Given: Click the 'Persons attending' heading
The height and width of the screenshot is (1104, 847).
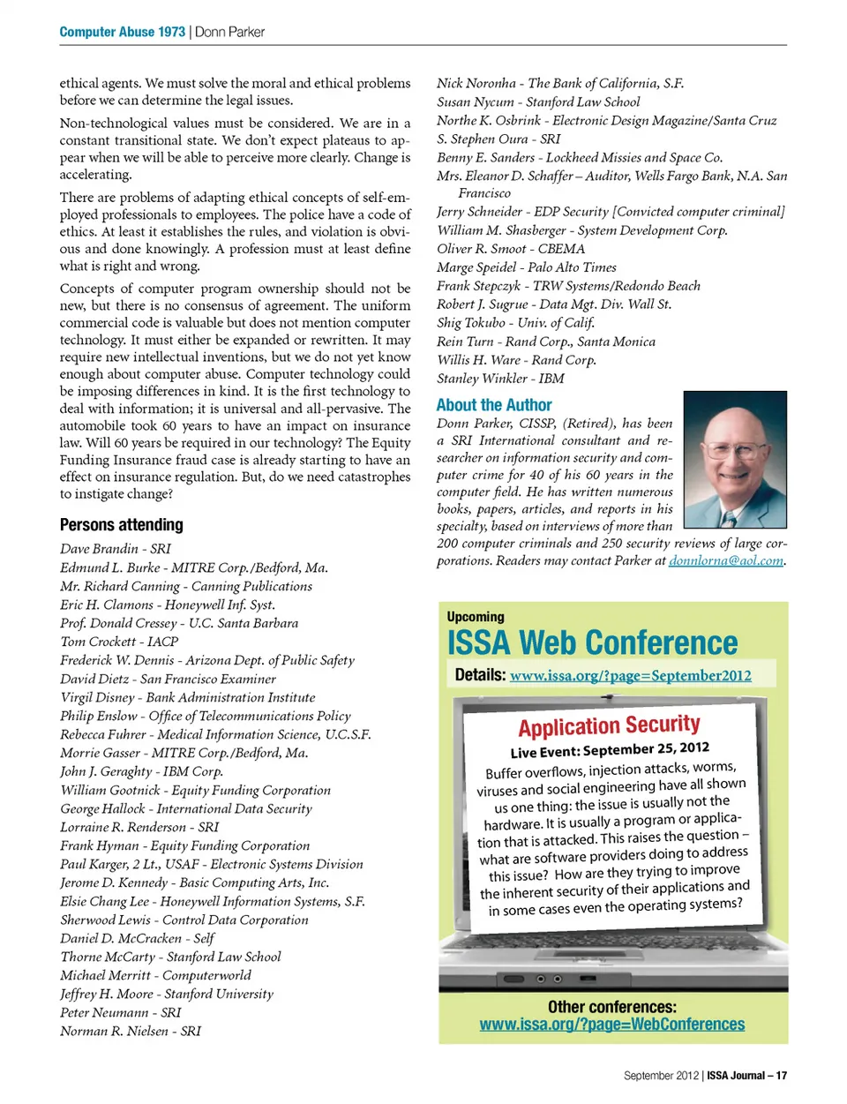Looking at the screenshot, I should point(122,525).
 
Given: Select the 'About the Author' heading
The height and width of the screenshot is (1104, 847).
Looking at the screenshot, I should point(494,405).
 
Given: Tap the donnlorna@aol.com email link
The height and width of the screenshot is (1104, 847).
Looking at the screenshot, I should point(726,560).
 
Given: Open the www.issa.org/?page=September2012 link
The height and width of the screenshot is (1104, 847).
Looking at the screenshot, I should point(631,676).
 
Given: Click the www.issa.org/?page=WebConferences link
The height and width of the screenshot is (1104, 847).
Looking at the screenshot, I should point(612,1025).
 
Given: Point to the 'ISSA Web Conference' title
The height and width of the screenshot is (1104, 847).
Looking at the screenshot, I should point(592,643).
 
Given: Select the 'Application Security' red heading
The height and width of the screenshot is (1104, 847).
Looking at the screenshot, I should point(609,726).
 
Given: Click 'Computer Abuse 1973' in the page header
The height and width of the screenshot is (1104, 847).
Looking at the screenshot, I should point(122,32).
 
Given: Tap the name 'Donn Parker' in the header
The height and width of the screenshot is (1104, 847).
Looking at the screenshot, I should point(229,32).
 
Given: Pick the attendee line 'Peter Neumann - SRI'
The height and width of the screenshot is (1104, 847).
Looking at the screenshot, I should point(121,1012).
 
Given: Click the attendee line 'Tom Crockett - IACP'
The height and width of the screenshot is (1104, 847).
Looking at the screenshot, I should point(119,642).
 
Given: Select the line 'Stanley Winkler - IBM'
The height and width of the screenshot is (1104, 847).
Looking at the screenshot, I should point(500,379).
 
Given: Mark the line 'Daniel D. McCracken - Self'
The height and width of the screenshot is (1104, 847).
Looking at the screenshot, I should point(137,938).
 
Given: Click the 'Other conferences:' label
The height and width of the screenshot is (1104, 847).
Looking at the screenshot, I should point(612,1007).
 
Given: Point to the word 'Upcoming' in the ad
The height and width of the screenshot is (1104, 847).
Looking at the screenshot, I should point(476,617).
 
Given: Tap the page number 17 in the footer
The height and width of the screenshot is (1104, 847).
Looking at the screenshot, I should point(781,1076).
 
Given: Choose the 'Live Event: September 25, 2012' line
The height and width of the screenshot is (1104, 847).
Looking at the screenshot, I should point(610,750).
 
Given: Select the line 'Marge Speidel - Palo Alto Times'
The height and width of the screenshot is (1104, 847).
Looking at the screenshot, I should point(527,267).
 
